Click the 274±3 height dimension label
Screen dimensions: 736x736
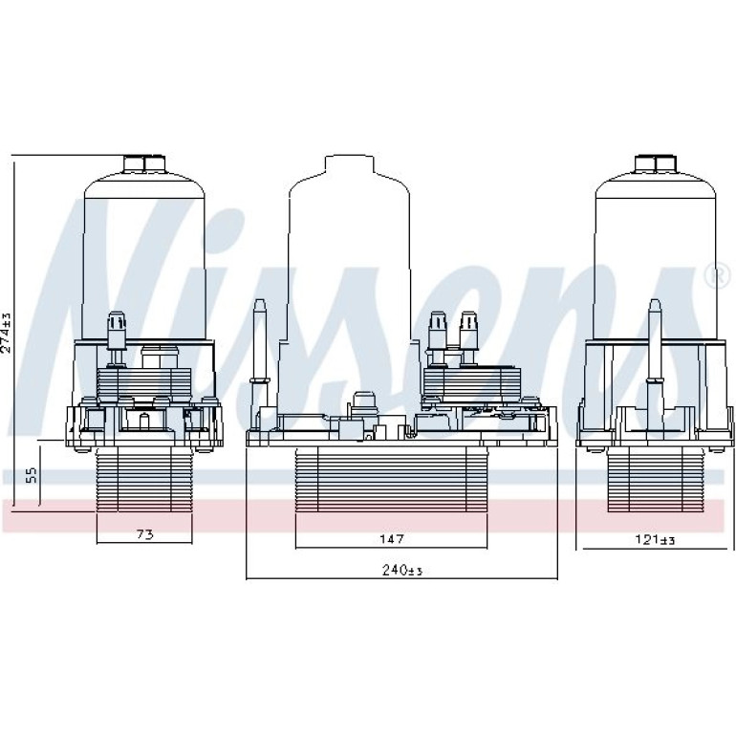[x=6, y=332]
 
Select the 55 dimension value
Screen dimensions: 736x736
[x=31, y=475]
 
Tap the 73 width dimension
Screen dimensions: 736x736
[x=145, y=534]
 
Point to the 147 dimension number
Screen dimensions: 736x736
[x=391, y=539]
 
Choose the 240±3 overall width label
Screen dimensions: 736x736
[x=402, y=571]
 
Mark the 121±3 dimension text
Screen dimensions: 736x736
[x=655, y=540]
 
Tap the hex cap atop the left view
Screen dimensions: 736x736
[x=144, y=163]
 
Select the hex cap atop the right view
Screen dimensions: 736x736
[x=656, y=163]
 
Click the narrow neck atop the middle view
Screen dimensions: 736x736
[x=350, y=164]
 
